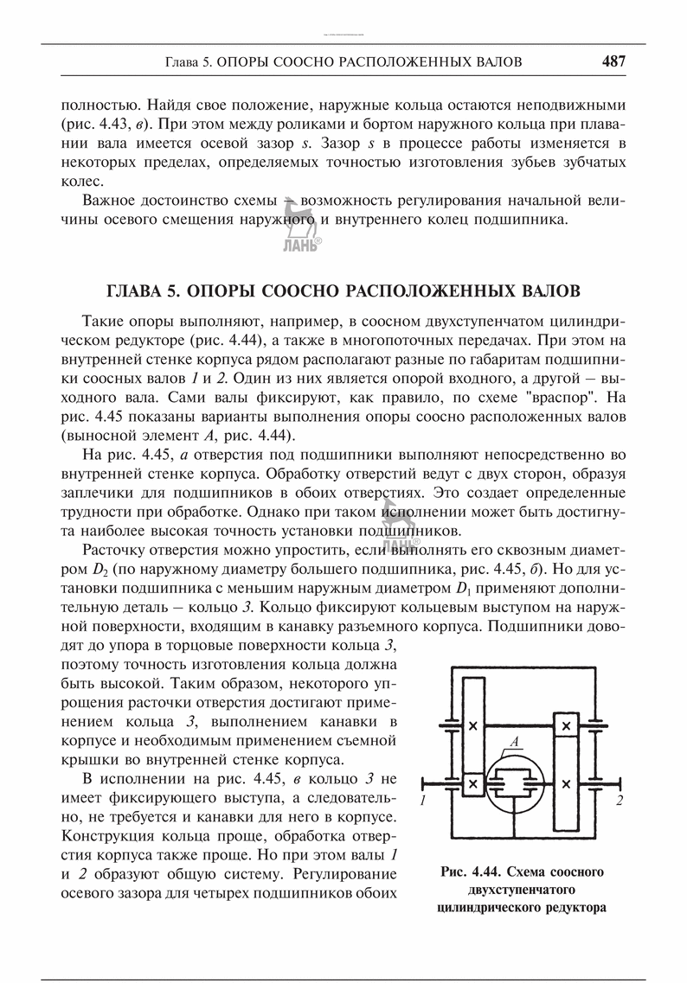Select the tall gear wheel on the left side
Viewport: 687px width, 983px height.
pos(472,726)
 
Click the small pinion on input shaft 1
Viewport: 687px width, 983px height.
pos(472,784)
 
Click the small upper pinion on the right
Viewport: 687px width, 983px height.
pos(566,724)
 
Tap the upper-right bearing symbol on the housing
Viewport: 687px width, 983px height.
pos(596,724)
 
